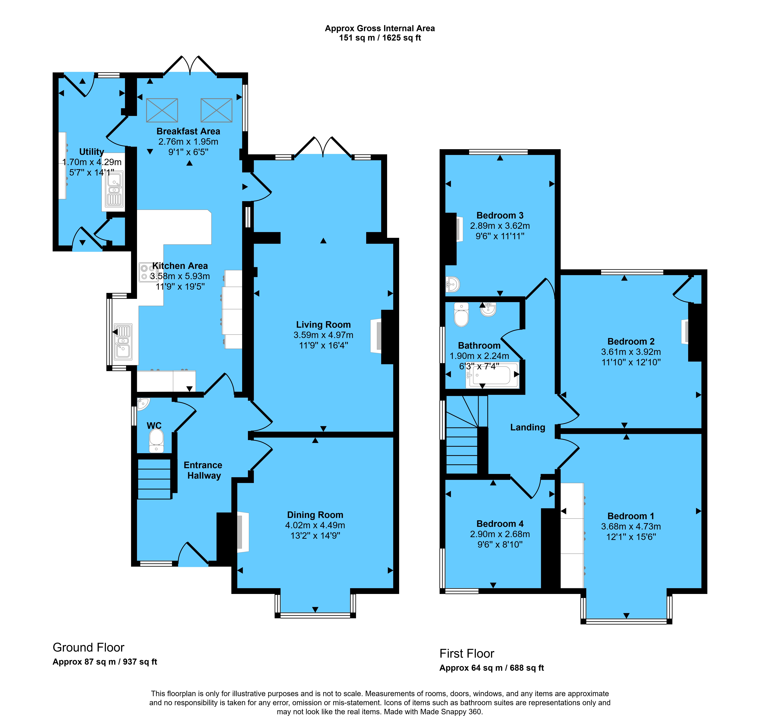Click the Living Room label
[323, 325]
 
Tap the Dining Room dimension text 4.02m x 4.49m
[315, 525]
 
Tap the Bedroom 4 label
[500, 524]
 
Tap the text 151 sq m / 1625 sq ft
[380, 38]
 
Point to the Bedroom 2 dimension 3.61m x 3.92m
[631, 352]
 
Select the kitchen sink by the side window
[123, 342]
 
